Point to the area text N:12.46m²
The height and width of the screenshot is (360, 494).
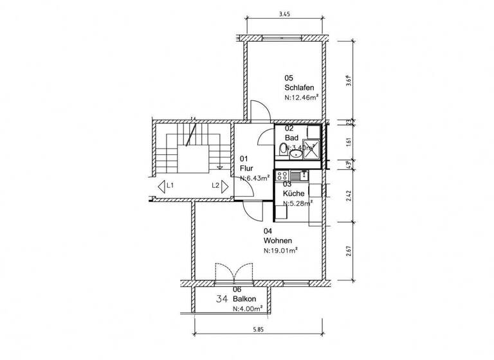[x=302, y=98]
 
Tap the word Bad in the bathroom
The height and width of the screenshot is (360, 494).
[x=291, y=138]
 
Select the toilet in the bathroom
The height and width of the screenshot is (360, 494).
[x=284, y=150]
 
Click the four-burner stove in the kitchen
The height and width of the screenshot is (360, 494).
[x=281, y=175]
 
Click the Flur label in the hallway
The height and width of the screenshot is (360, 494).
[x=246, y=168]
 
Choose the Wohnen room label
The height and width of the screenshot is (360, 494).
[x=277, y=240]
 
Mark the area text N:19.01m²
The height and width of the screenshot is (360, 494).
[x=280, y=251]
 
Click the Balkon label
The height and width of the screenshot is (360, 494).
[x=245, y=299]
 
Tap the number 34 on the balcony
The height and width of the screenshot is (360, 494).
[x=223, y=299]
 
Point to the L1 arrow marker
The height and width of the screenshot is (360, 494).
[x=166, y=186]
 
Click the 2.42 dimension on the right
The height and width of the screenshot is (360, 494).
[x=348, y=195]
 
